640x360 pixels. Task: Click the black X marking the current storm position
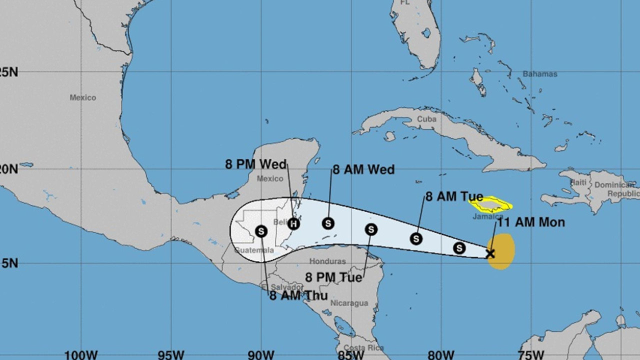(x=490, y=253)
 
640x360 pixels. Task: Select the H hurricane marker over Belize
(x=293, y=223)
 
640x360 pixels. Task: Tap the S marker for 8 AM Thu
(x=261, y=231)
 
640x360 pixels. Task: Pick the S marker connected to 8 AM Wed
(x=328, y=223)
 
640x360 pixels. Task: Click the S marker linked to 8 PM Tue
(x=370, y=229)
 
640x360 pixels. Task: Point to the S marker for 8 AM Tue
(x=416, y=239)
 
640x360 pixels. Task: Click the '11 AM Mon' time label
(x=530, y=222)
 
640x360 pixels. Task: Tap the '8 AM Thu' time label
(x=298, y=295)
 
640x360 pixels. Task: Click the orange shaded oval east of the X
(x=502, y=251)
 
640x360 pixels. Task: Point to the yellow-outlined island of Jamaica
(x=489, y=204)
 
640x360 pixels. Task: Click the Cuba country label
(x=426, y=119)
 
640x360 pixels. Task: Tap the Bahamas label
(x=539, y=74)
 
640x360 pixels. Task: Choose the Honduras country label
(x=327, y=261)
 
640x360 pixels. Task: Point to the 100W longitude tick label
(x=80, y=355)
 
